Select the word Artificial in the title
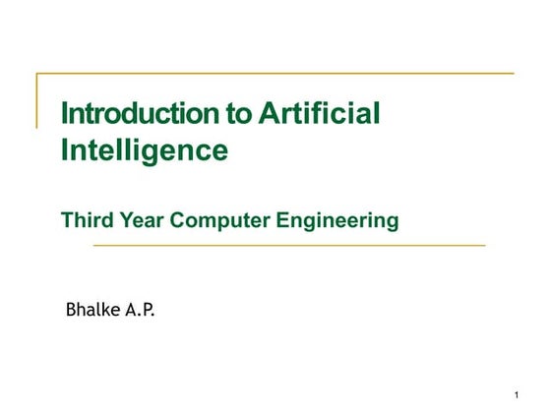[x=320, y=113]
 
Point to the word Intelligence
[x=145, y=150]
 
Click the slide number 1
[x=516, y=395]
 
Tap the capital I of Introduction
[x=65, y=113]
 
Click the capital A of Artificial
[x=270, y=113]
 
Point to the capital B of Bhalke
[x=71, y=311]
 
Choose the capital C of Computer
[x=179, y=220]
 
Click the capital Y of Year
[x=124, y=220]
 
